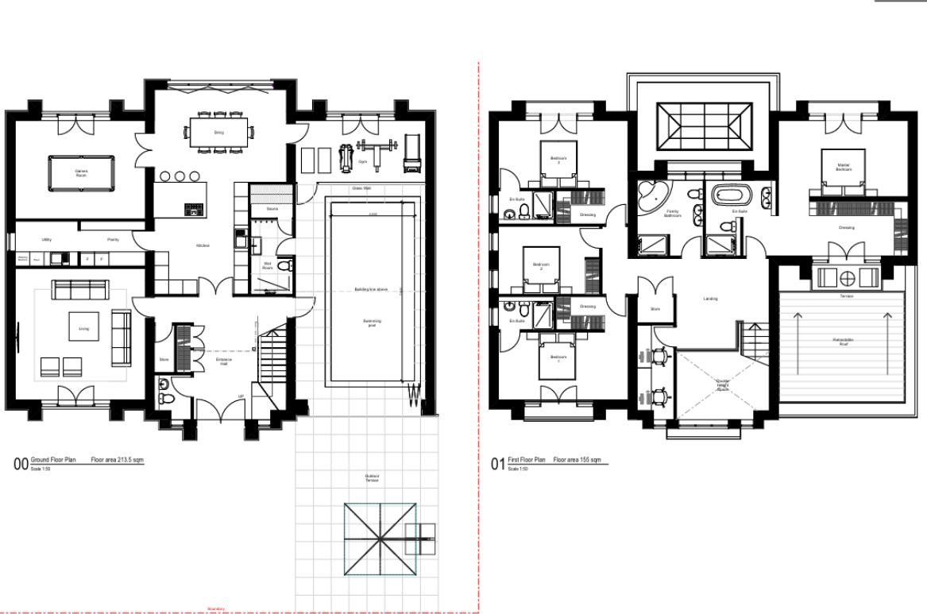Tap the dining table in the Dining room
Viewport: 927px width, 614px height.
point(218,133)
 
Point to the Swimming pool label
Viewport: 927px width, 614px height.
point(372,322)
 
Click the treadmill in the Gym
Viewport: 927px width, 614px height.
point(411,155)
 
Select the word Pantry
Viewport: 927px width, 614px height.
point(114,238)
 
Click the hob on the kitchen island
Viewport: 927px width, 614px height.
point(192,210)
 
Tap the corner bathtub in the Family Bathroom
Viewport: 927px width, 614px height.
point(652,195)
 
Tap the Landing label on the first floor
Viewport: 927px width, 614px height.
point(710,299)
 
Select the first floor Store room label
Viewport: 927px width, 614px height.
point(655,308)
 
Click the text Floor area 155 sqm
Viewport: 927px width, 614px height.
point(577,460)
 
